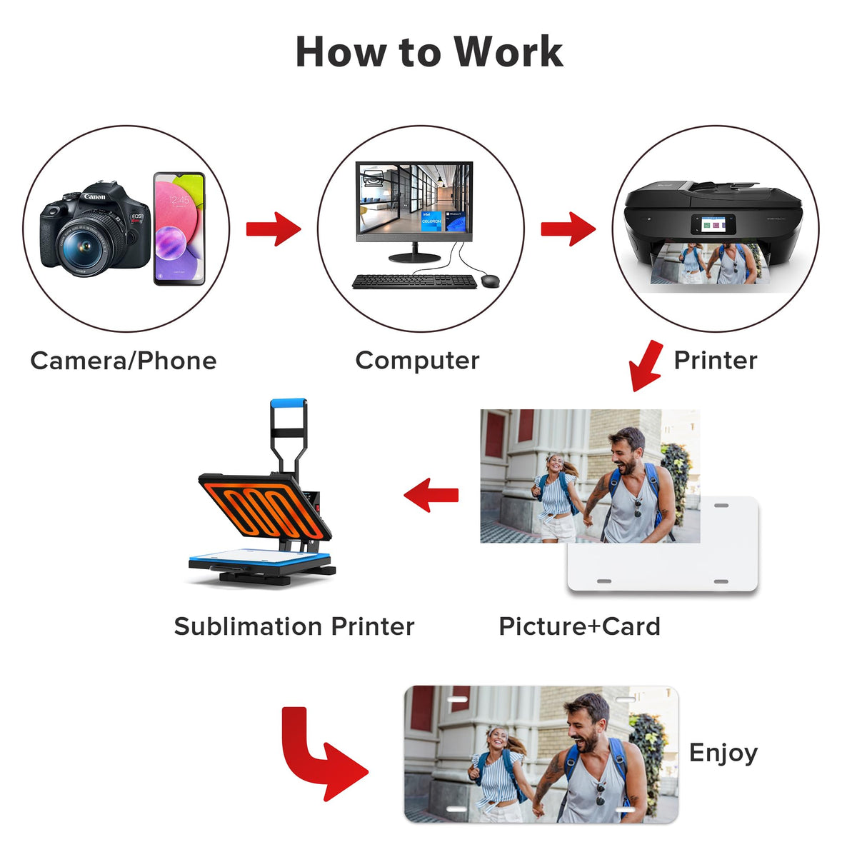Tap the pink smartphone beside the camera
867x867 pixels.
179,229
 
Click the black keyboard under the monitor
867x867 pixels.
414,281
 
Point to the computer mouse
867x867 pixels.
490,281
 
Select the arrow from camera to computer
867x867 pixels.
274,229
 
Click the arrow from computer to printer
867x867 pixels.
568,229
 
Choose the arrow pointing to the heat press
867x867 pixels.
431,494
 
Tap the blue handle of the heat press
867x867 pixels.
289,405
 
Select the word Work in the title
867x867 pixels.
508,52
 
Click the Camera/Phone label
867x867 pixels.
124,361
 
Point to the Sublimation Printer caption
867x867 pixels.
294,626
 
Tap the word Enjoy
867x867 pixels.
723,753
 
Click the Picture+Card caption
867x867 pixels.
579,626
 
